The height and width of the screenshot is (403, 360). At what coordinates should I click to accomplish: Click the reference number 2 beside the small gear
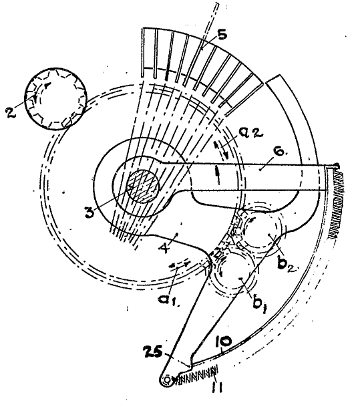coord(10,112)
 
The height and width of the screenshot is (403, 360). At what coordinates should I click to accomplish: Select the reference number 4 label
coord(164,247)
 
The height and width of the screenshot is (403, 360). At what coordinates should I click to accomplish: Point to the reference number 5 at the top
coord(222,35)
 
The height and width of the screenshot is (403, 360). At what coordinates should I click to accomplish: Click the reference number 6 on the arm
coord(281,152)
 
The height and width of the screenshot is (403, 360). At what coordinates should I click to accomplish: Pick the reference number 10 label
coord(223,342)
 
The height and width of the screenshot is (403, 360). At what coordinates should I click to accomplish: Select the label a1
coord(169,299)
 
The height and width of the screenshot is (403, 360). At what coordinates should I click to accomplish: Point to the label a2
coord(251,133)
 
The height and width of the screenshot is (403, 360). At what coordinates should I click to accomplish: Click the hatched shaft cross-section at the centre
coord(143,186)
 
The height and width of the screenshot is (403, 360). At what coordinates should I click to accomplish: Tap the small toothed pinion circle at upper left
coord(55,99)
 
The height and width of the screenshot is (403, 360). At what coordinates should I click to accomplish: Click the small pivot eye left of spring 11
coord(167,380)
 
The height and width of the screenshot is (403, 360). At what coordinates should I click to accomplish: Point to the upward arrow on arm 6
coord(218,175)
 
